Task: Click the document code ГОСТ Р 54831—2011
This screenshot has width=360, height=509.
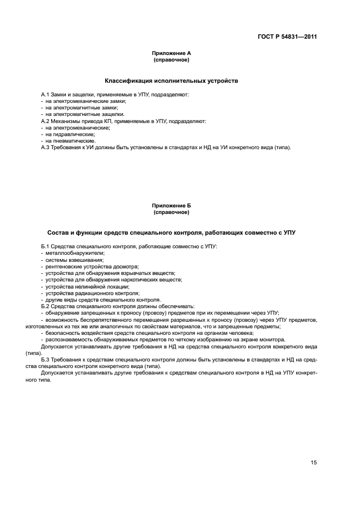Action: click(287, 37)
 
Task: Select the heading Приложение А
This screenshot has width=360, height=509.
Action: click(171, 53)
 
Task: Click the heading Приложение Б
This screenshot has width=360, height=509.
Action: click(171, 206)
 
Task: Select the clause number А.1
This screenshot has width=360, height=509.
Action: click(46, 95)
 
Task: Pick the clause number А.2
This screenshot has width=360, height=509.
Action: click(46, 121)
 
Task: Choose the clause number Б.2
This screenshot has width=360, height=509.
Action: click(46, 306)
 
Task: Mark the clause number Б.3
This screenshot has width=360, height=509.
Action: click(46, 359)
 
